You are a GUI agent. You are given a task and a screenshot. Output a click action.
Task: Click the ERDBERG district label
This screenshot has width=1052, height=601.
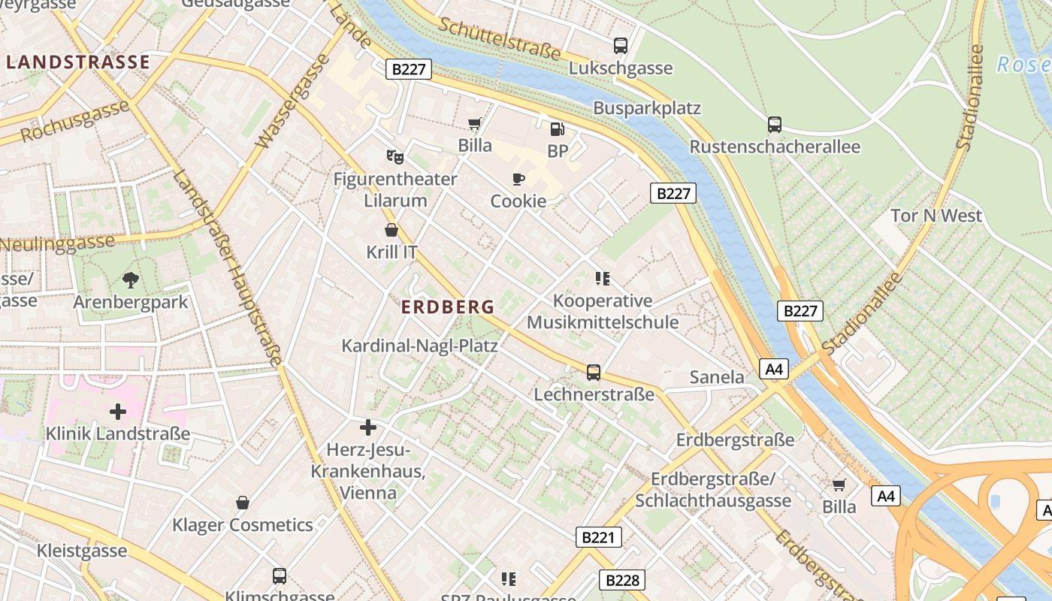coord(448,307)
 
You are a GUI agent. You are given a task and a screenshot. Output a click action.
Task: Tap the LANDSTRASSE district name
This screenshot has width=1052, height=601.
coord(78,62)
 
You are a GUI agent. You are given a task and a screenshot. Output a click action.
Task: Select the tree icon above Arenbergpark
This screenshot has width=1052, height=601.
coord(131,280)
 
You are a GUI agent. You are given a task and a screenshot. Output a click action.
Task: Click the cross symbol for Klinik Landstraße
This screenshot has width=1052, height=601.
coord(118,412)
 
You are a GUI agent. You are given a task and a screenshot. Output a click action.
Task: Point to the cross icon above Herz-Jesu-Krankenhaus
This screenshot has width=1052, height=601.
coord(368,427)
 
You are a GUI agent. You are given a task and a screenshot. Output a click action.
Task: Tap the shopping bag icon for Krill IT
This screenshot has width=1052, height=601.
coord(391,230)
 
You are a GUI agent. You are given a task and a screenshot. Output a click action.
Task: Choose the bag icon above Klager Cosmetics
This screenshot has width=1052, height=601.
coord(243,502)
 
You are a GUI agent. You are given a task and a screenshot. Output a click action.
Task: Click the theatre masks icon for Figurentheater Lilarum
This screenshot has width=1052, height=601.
coord(395,157)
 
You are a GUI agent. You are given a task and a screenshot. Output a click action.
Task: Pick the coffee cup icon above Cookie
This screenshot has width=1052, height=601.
coord(518,179)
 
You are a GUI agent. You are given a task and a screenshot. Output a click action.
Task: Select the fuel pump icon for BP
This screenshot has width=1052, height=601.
coord(557,129)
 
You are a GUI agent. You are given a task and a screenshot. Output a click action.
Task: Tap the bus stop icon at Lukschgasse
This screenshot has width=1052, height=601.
coord(621,46)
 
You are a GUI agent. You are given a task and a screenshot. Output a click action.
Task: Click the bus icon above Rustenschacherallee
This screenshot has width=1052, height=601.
coord(775,124)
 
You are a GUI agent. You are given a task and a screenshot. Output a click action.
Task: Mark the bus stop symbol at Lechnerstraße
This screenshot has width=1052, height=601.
coord(594,372)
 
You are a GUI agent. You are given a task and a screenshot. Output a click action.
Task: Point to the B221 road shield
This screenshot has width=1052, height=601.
coord(600,536)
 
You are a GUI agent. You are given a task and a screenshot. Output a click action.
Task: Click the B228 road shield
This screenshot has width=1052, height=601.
coord(622,579)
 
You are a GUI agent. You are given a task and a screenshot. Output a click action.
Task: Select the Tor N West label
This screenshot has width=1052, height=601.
coord(936,216)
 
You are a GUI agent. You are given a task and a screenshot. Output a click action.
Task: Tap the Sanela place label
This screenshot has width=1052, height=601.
coord(717,377)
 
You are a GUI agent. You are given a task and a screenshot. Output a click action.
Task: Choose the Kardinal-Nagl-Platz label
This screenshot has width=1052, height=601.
coord(420,346)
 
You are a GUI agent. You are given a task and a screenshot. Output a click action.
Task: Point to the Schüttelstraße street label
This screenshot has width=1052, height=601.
coord(500,39)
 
